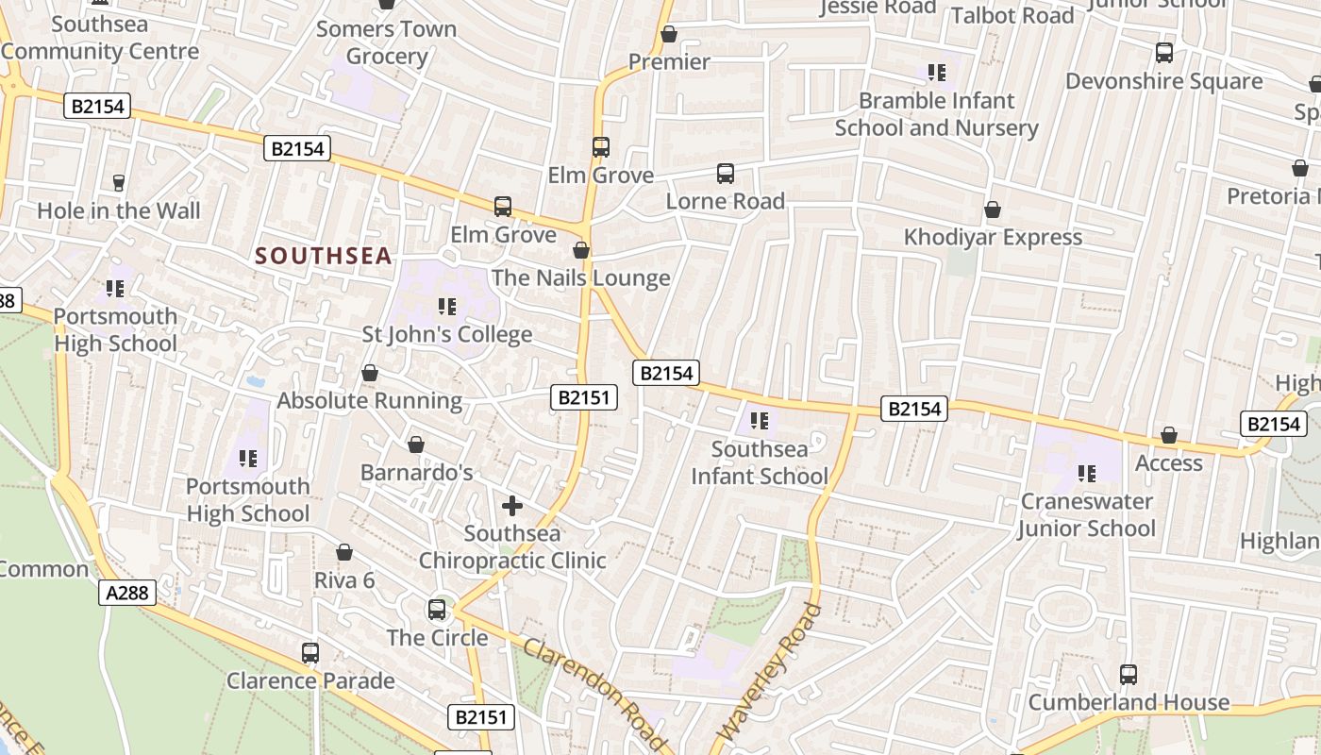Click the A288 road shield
(x=127, y=593)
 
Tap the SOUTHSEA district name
(x=324, y=256)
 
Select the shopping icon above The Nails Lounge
(x=581, y=250)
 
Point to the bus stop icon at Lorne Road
(x=725, y=174)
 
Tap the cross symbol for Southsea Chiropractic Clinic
(x=512, y=507)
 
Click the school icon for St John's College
(x=447, y=307)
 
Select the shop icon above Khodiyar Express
(x=993, y=210)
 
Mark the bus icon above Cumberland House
(x=1129, y=675)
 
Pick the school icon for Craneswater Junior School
(x=1087, y=474)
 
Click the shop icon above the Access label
(x=1169, y=435)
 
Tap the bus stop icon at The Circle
(x=437, y=610)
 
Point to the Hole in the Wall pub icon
(x=119, y=183)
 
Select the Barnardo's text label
(x=417, y=473)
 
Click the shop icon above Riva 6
(x=344, y=552)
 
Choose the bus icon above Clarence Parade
(x=310, y=652)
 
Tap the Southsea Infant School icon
(x=760, y=421)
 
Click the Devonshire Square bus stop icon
(x=1164, y=53)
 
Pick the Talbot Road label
(x=1012, y=15)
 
